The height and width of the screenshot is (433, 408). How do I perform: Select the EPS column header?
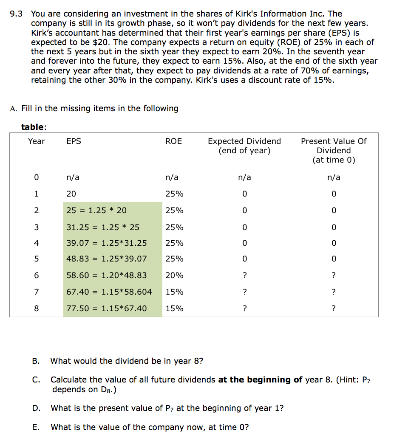(x=74, y=141)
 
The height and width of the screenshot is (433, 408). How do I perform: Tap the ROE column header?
(x=173, y=141)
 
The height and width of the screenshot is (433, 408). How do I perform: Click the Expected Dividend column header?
(x=244, y=146)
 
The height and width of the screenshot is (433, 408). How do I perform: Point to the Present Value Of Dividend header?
(x=334, y=150)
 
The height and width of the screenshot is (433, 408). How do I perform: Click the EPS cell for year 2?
(x=96, y=211)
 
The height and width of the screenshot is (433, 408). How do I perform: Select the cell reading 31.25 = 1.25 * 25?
(x=103, y=227)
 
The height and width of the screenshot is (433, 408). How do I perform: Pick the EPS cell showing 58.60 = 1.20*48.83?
(x=107, y=276)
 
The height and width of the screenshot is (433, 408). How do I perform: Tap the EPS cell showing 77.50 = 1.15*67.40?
(x=107, y=309)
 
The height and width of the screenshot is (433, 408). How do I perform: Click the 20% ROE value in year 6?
(x=174, y=276)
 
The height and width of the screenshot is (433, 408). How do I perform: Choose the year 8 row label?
(x=36, y=309)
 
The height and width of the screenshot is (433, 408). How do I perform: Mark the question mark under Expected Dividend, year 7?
(x=244, y=292)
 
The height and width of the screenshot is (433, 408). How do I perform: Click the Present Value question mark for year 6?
(x=334, y=276)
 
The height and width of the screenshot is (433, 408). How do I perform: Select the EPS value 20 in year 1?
(x=71, y=194)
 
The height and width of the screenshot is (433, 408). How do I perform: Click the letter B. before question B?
(x=36, y=361)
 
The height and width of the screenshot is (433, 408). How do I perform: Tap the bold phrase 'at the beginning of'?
(x=260, y=380)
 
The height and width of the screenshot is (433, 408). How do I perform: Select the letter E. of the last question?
(x=36, y=427)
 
